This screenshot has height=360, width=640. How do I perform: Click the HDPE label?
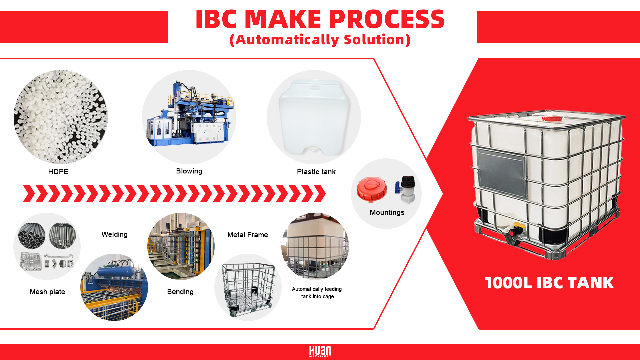pos(58,172)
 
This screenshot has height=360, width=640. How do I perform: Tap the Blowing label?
pos(189,171)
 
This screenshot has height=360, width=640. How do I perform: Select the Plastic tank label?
pos(316,172)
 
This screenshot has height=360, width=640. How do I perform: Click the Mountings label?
pos(387,212)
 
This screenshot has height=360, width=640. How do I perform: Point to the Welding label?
pos(114,234)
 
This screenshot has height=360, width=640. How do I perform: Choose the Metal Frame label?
pos(247,235)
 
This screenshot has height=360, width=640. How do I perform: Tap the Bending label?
pos(180,292)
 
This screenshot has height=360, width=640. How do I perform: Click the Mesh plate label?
pos(47,292)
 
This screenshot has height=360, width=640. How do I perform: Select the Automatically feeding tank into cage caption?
pos(317,293)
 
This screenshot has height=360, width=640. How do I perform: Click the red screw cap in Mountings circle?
pos(371,189)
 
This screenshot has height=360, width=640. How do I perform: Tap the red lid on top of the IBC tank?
pos(552,118)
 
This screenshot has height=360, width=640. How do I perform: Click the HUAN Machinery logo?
pos(320,351)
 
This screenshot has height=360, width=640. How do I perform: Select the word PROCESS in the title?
pos(387,19)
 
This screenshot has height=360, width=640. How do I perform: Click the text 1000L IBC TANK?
pos(549,283)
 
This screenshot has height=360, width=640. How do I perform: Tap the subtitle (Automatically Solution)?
pos(320,40)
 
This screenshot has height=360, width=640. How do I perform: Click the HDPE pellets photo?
pos(61,117)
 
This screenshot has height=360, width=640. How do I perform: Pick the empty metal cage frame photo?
pos(248,288)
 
